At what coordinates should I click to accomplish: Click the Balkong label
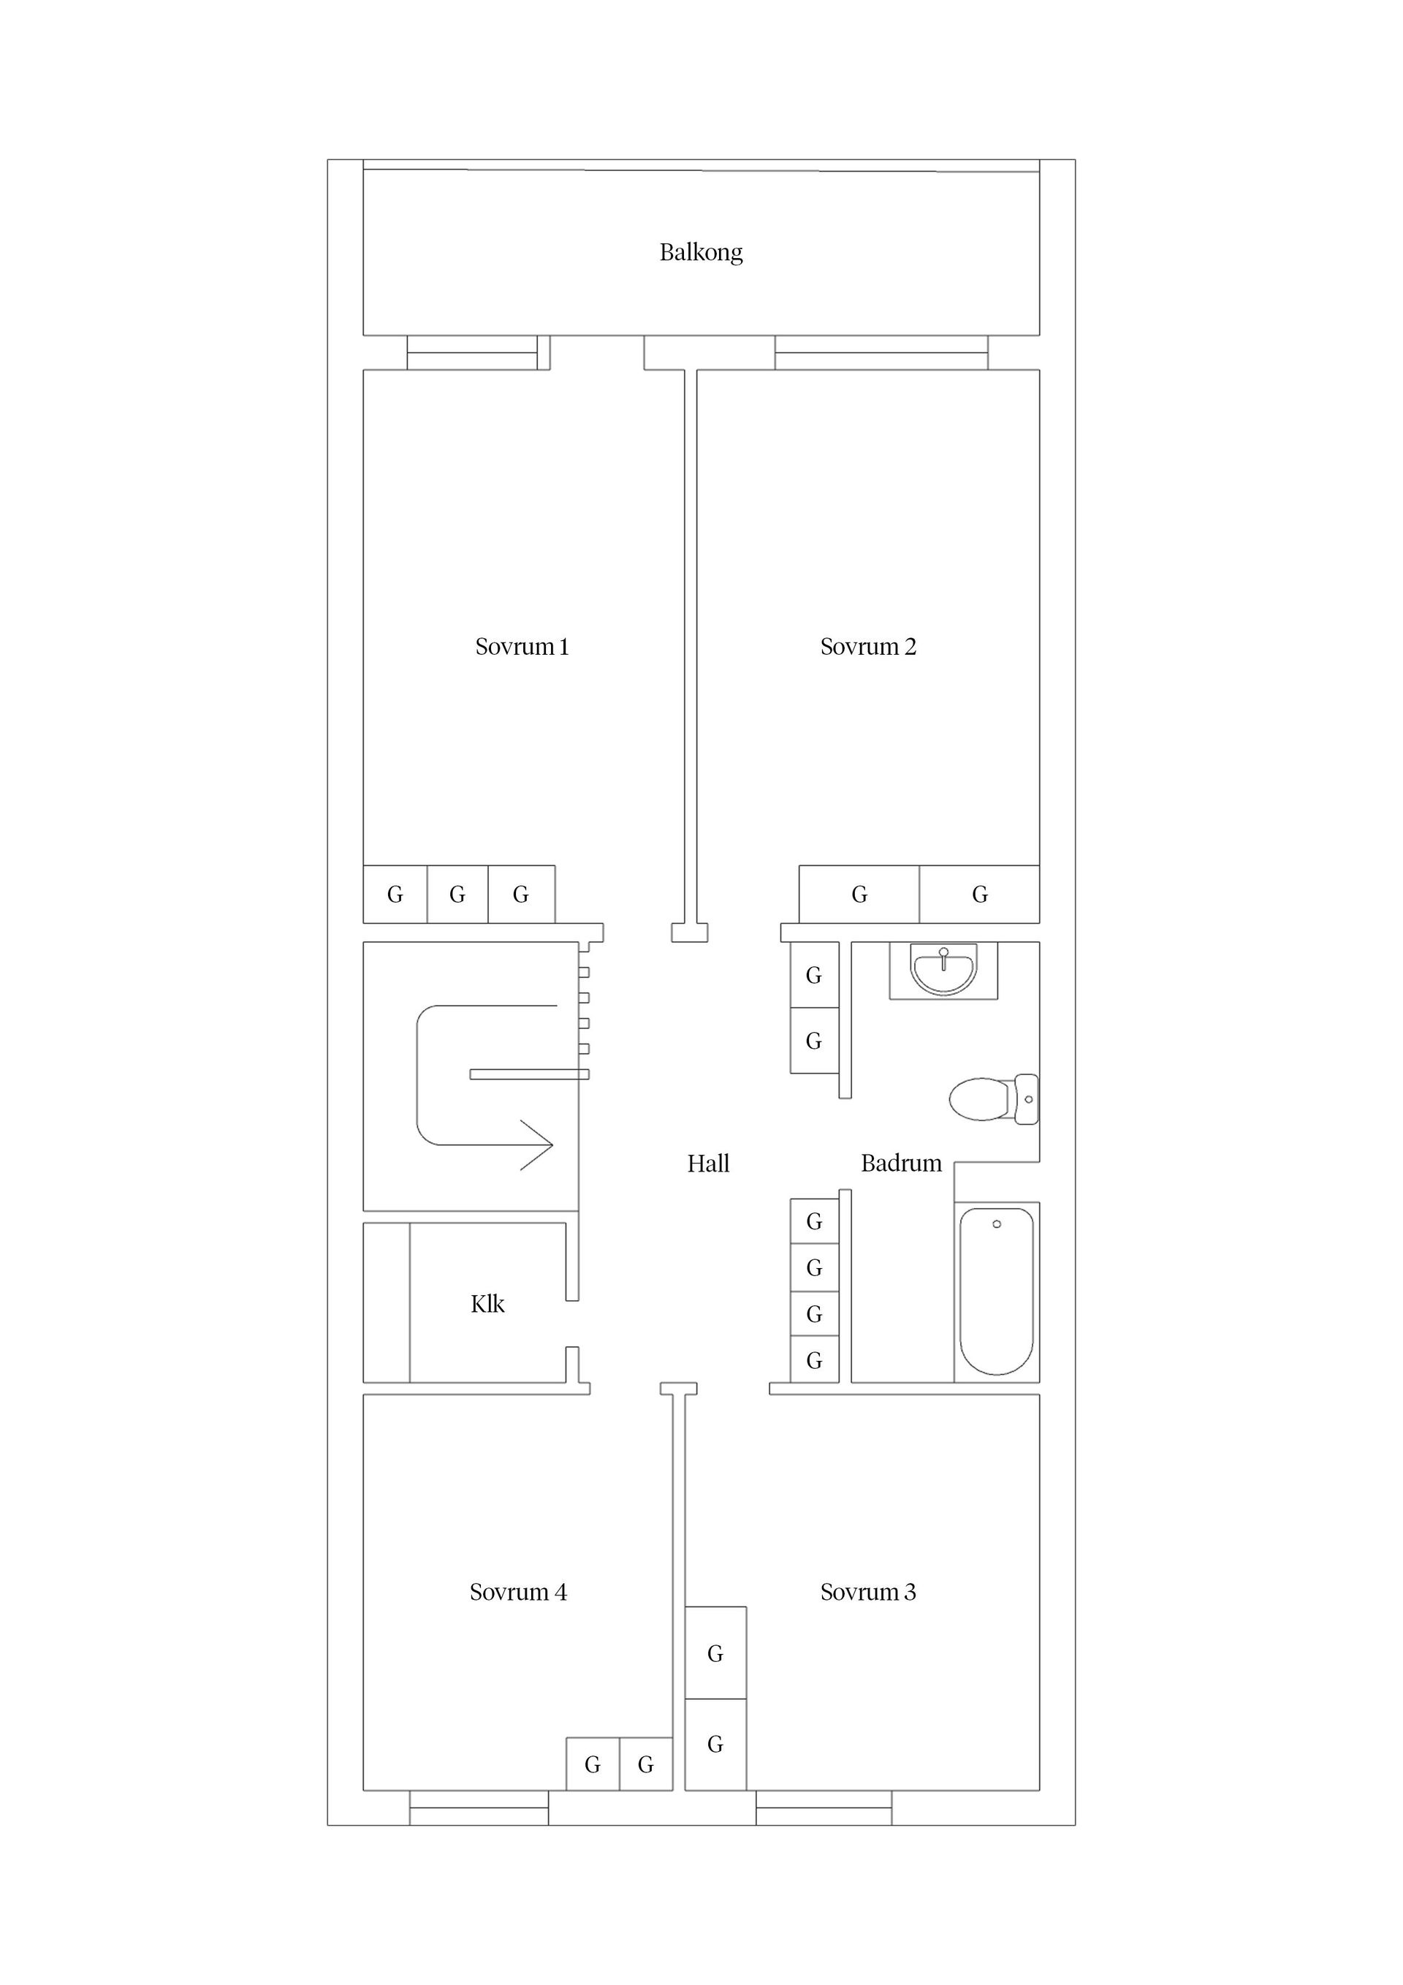click(x=700, y=252)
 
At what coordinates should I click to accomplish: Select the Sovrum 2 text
click(x=867, y=647)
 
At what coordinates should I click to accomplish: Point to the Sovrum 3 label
click(x=867, y=1592)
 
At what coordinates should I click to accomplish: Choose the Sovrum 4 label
click(x=518, y=1592)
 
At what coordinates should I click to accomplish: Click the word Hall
click(x=708, y=1164)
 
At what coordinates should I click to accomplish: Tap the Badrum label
click(x=901, y=1163)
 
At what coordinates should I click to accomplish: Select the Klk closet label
click(x=487, y=1304)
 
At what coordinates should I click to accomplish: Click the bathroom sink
click(x=943, y=969)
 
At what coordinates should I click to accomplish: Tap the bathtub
click(x=996, y=1291)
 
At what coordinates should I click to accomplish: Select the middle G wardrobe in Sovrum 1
click(x=457, y=894)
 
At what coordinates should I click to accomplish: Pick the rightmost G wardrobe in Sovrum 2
click(x=978, y=894)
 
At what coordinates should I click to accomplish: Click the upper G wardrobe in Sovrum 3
click(x=715, y=1653)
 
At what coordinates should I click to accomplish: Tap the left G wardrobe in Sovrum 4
click(x=592, y=1764)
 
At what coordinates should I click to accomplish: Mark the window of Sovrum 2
click(x=881, y=353)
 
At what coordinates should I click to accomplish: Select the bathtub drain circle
click(x=997, y=1224)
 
